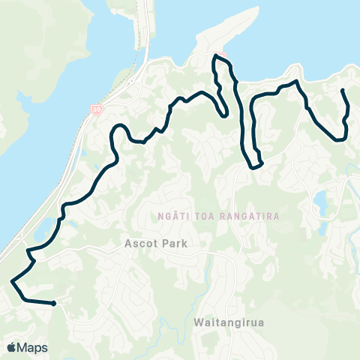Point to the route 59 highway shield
(x=96, y=109)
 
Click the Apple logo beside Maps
(x=11, y=347)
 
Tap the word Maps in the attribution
(x=32, y=347)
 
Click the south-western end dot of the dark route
(x=54, y=304)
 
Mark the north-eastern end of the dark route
(x=343, y=91)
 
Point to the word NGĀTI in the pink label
(x=172, y=216)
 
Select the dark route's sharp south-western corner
(x=13, y=281)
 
